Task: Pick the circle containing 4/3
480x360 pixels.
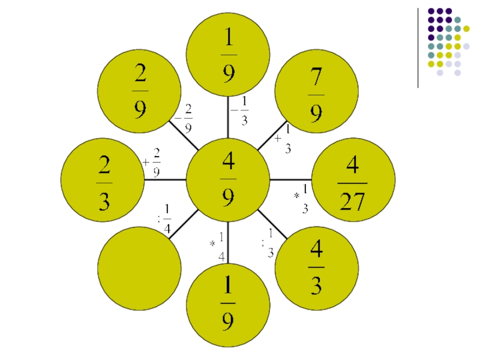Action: (316, 268)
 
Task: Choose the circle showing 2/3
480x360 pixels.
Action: (103, 180)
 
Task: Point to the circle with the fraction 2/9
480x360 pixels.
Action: (139, 91)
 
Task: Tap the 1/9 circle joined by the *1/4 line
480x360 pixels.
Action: (228, 306)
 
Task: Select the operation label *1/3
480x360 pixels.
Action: (302, 199)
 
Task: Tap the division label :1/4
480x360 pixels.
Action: (164, 218)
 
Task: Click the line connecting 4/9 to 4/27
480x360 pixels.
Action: (290, 180)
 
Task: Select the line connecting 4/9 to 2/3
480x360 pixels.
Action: (166, 179)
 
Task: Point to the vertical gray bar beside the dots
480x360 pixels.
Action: (418, 48)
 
